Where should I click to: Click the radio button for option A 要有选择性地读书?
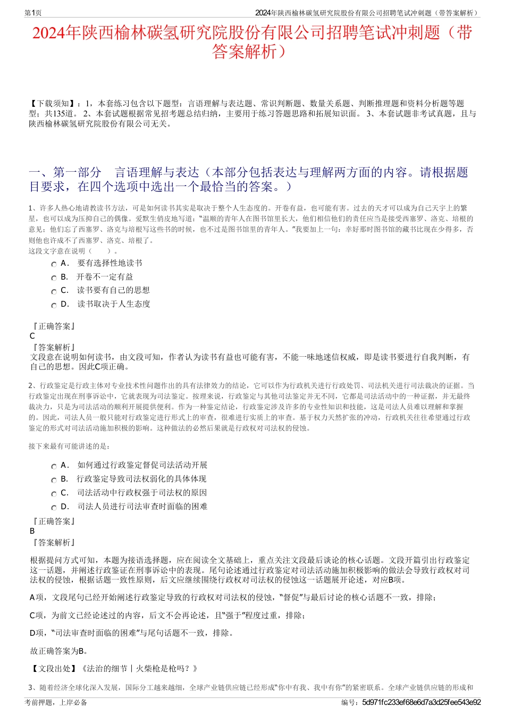[54, 264]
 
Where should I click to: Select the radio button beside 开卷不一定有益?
[54, 278]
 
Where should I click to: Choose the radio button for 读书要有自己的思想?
[54, 291]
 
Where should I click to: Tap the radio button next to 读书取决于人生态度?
[54, 305]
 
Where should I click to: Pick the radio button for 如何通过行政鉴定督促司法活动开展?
[54, 466]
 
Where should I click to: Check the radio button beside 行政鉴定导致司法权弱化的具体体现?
[54, 480]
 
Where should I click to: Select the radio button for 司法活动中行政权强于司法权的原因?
[54, 494]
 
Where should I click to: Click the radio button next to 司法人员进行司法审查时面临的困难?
[54, 508]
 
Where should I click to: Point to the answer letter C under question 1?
[32, 336]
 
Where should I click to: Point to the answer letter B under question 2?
[32, 531]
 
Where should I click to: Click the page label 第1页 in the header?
[33, 13]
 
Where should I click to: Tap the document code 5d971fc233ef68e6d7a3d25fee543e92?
[421, 702]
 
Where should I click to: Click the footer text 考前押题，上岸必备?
[56, 702]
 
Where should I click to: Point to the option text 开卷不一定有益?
[105, 277]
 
